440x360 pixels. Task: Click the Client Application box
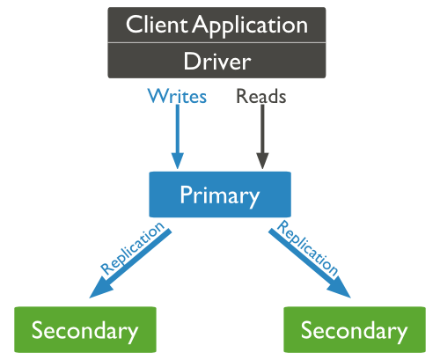217,25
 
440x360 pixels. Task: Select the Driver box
217,62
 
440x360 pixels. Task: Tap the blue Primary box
219,195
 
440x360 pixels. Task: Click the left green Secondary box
85,330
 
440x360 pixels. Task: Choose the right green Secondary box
354,330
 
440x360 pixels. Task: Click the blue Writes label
177,96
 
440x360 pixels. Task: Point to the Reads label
261,96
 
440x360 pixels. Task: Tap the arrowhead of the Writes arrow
178,160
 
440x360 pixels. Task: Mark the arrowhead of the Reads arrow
261,160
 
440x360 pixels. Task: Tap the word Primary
219,195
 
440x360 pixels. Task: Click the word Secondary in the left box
85,331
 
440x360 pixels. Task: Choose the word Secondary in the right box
354,331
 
